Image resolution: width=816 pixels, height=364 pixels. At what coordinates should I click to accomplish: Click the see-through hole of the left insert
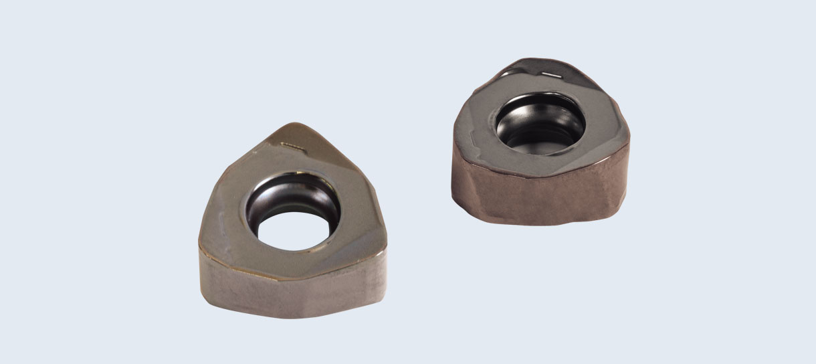tap(295, 231)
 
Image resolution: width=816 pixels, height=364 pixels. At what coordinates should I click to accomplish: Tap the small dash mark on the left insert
tap(292, 144)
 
